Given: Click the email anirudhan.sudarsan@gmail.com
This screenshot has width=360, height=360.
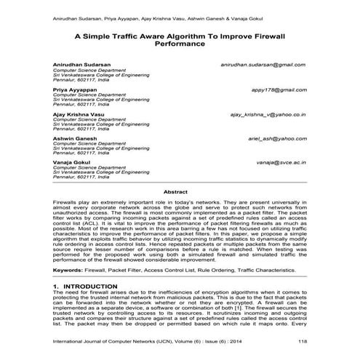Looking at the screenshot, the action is coord(263,65).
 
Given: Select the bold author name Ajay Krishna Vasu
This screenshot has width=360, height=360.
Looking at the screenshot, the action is coord(79,114).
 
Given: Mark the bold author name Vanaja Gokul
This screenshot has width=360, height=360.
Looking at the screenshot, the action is coord(73,163).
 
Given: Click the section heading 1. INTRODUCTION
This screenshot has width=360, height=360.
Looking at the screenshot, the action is coord(86,287).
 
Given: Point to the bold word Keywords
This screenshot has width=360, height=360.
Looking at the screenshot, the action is coord(71,269).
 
